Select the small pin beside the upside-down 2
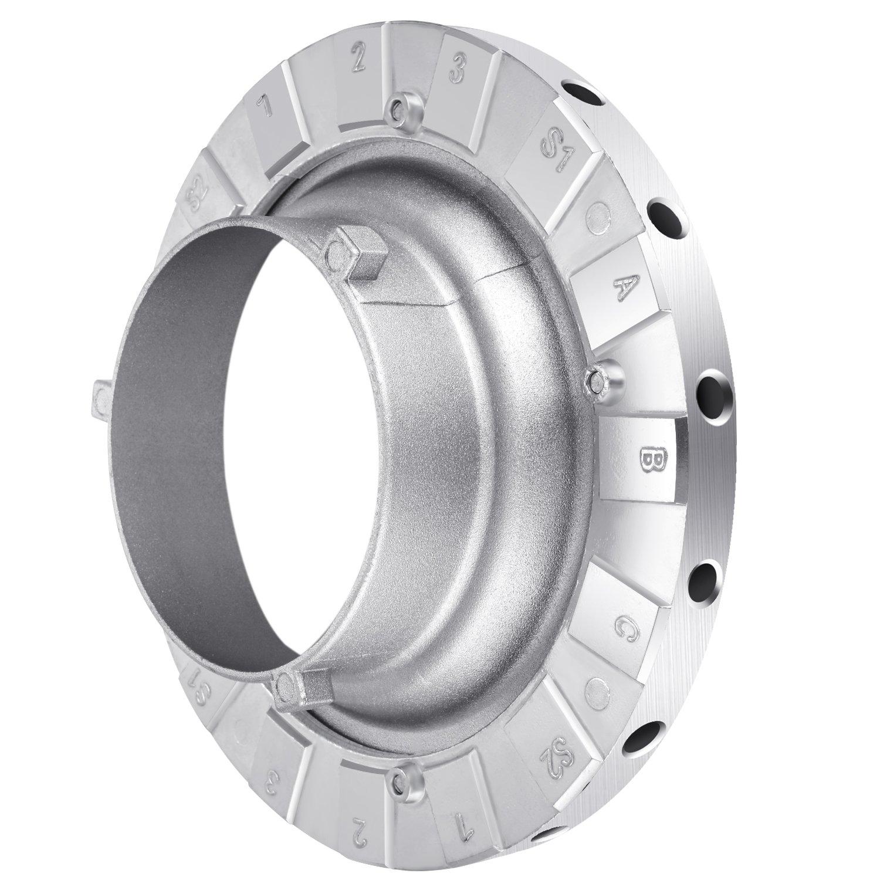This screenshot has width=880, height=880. [401, 780]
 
